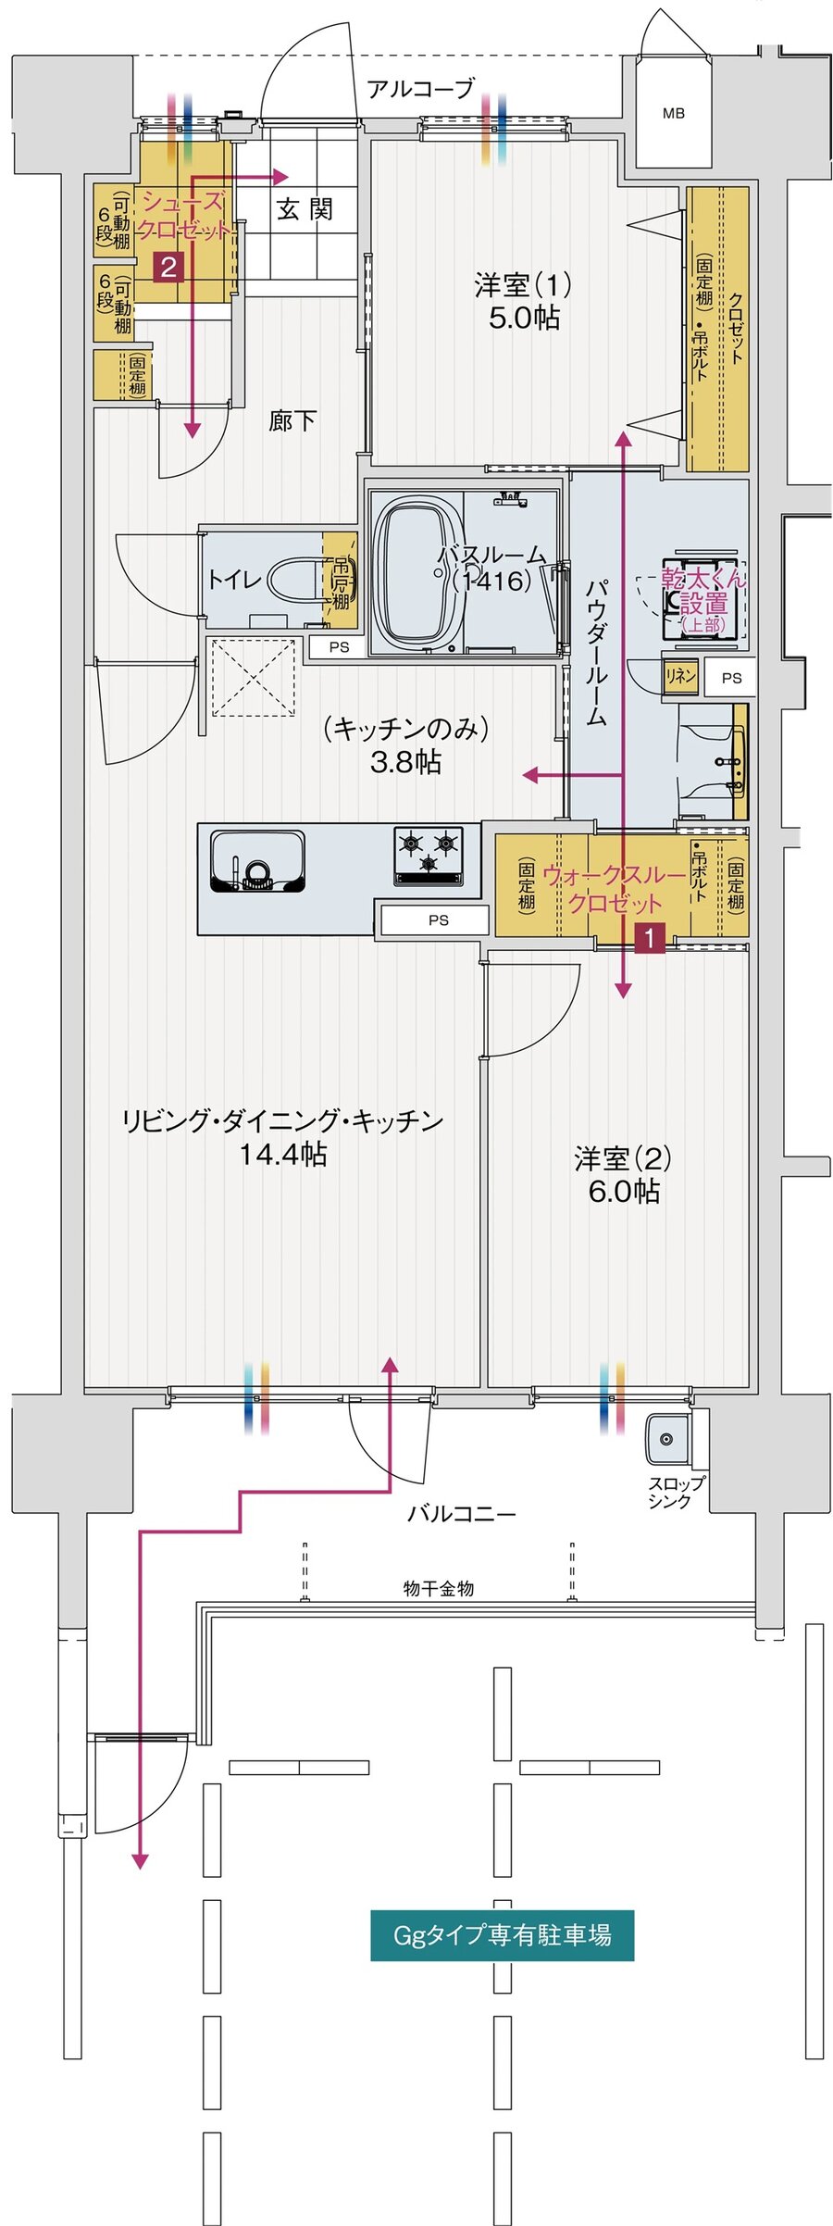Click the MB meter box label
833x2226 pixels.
click(673, 113)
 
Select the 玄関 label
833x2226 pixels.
click(305, 209)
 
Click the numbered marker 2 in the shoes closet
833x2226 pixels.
click(168, 268)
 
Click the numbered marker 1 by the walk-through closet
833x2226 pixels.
click(650, 938)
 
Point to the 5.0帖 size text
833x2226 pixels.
click(523, 318)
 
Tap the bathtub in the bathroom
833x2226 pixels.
click(420, 571)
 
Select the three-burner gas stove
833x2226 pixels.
click(428, 853)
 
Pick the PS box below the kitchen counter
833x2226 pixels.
click(438, 919)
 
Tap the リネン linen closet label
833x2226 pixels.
click(680, 676)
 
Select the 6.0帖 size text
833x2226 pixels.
click(623, 1191)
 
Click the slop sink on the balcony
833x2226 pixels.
click(665, 1439)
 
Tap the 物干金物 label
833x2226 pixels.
click(439, 1589)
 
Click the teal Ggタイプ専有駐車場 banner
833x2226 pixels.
click(502, 1935)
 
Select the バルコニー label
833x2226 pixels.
click(461, 1514)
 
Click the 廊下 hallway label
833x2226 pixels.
click(292, 421)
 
